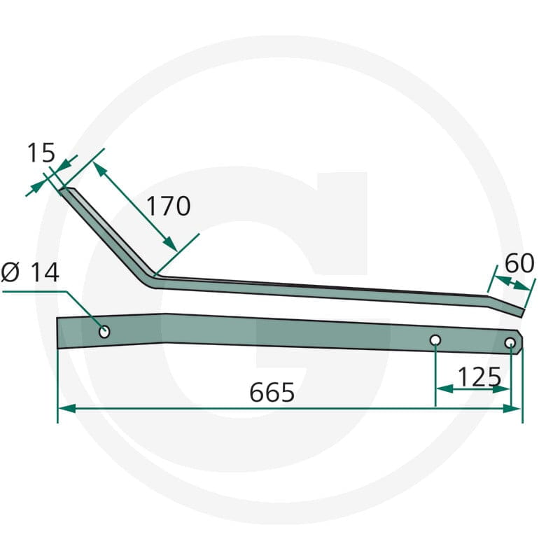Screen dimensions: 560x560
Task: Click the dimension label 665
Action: (272, 392)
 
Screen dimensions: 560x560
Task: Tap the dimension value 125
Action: (479, 377)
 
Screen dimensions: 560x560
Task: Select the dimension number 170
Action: (169, 206)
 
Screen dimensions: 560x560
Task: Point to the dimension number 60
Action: (519, 263)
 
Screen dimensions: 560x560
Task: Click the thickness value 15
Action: (41, 153)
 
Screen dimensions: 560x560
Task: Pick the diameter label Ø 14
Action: (30, 272)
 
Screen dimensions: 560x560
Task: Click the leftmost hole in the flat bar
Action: (104, 332)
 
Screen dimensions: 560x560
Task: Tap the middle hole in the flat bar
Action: (435, 340)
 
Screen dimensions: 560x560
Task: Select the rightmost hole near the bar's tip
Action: (510, 343)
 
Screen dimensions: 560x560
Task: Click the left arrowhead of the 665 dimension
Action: (66, 408)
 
